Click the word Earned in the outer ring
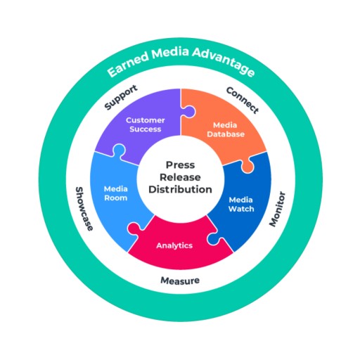point(129,63)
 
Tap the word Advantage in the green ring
point(224,60)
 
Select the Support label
point(121,97)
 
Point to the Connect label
point(243,101)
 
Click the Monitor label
point(277,209)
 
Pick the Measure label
point(180,281)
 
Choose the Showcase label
point(84,209)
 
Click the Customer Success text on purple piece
point(146,124)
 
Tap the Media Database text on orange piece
point(226,129)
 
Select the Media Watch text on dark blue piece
point(241,205)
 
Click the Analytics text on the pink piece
point(174,245)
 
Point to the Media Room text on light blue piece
point(116,193)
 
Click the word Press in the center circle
point(180,165)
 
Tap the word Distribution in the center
point(180,189)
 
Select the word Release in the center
point(180,177)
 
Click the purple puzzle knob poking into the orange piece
point(189,111)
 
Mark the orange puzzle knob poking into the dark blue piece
point(247,167)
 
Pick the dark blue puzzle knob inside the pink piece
point(214,239)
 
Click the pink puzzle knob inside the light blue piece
point(134,228)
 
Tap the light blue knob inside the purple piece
point(119,150)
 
